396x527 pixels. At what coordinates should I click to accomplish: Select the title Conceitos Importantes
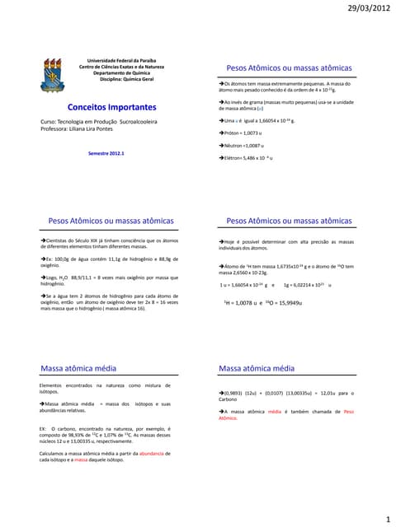111,107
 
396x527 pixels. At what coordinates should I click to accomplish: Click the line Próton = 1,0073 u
241,132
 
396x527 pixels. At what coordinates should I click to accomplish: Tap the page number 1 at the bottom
386,520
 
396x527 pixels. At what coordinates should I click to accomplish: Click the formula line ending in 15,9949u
264,303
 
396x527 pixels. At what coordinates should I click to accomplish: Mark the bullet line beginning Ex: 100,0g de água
107,261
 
